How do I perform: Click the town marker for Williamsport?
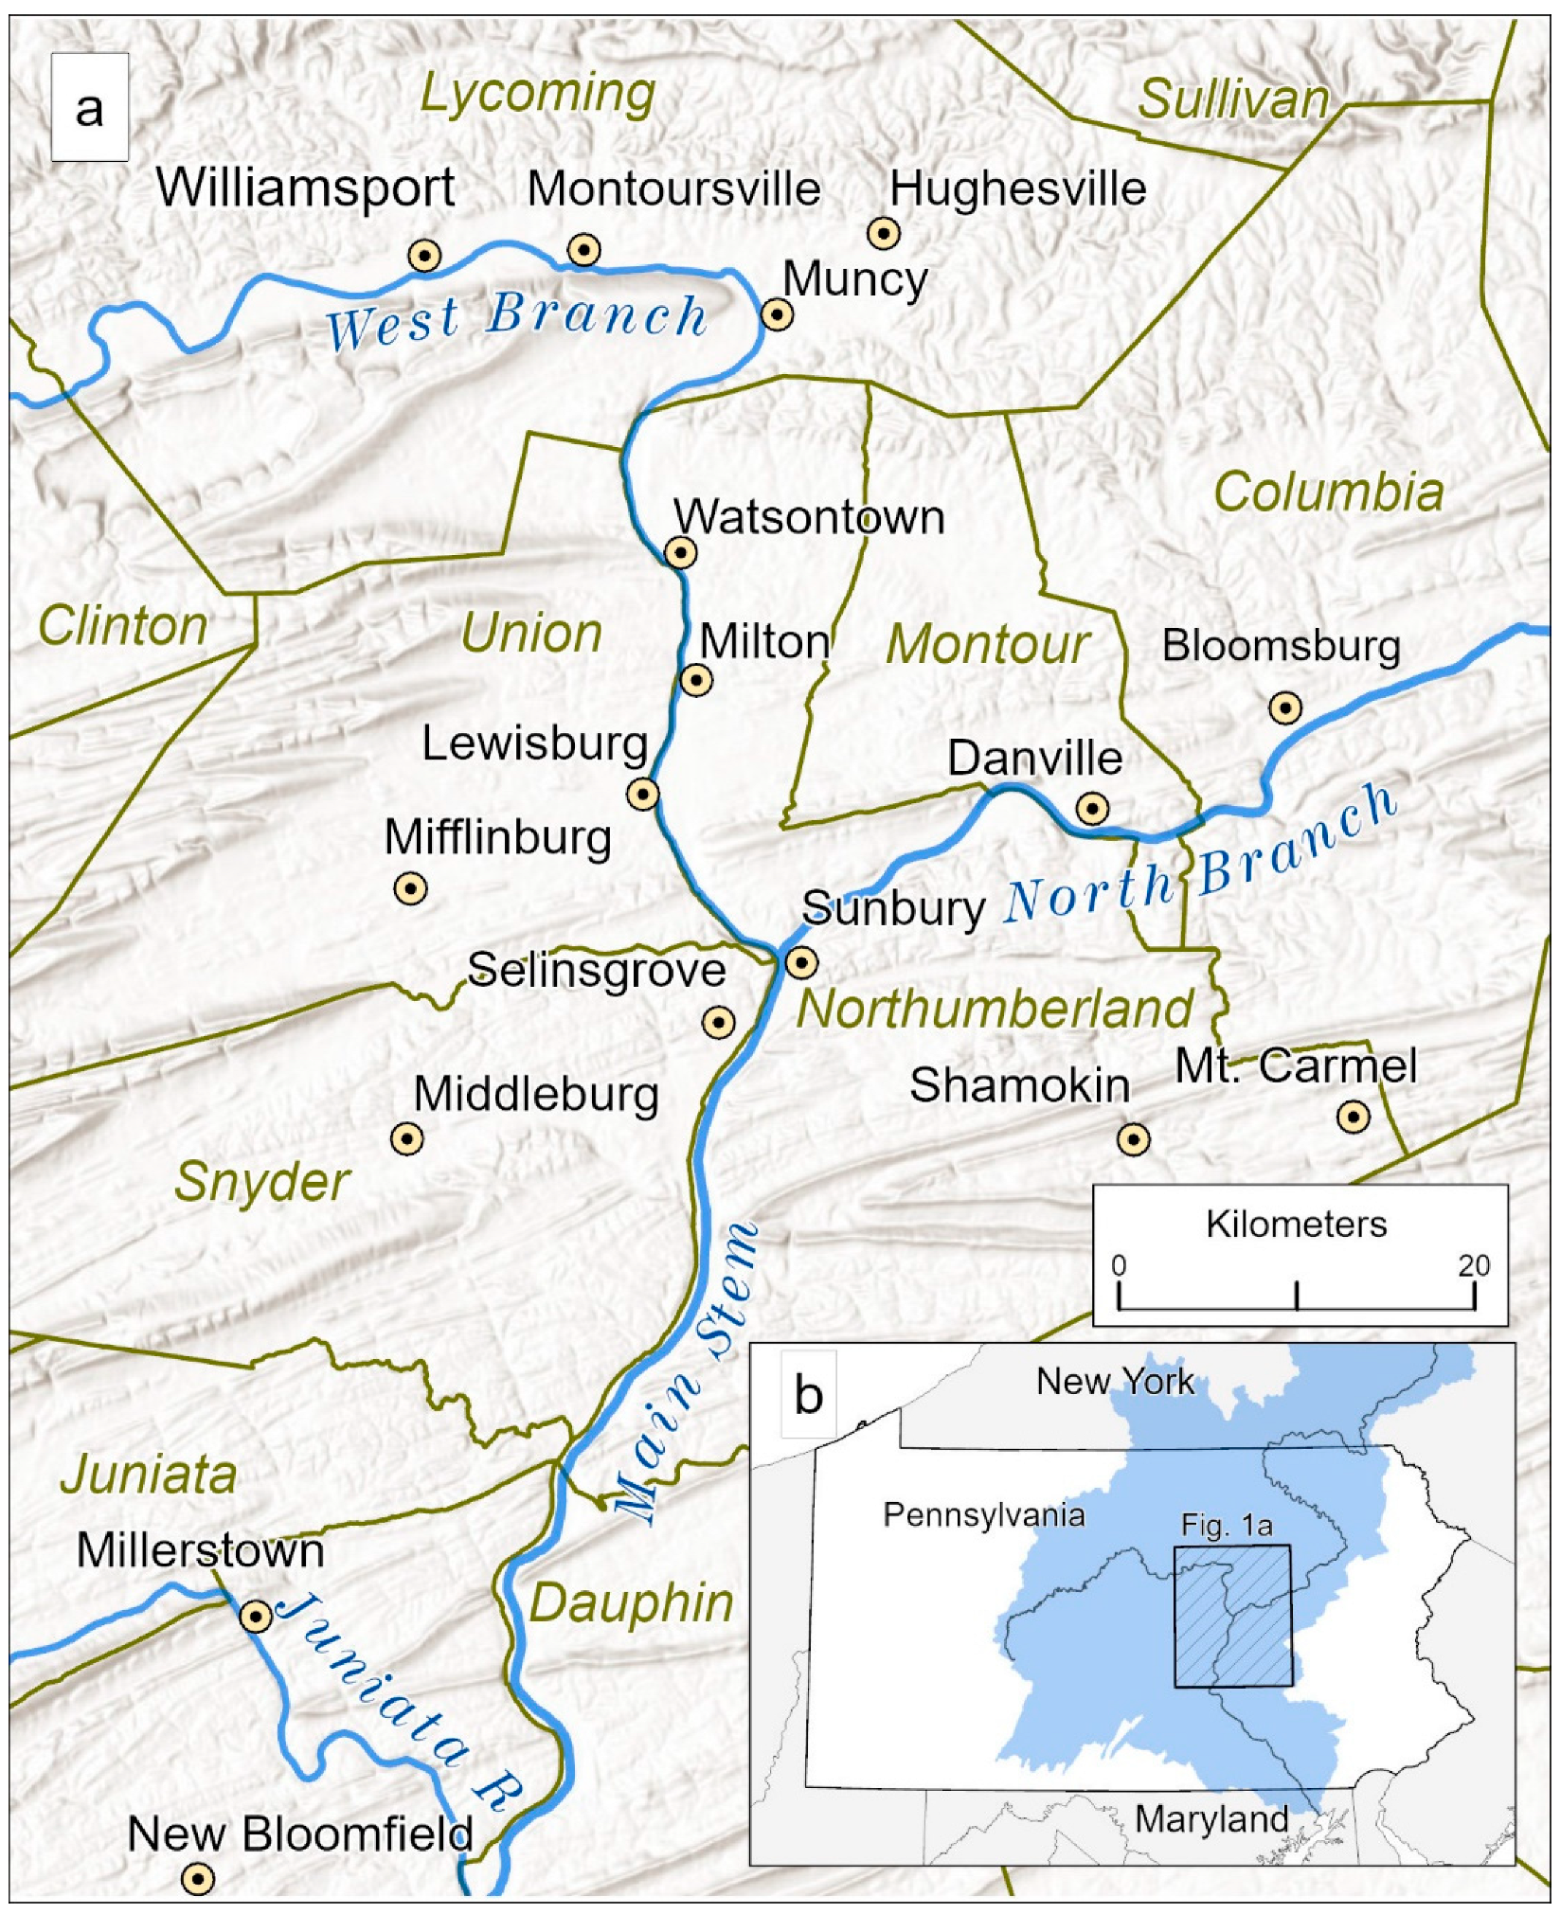point(424,256)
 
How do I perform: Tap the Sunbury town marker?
point(802,963)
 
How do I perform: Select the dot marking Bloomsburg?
point(1284,707)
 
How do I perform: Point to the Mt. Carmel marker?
point(1353,1117)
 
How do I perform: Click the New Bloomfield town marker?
point(197,1877)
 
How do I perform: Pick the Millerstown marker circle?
point(256,1616)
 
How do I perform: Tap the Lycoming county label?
point(537,94)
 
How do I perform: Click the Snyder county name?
point(262,1182)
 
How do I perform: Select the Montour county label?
point(988,645)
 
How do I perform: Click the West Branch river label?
point(516,319)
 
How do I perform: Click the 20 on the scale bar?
point(1473,1265)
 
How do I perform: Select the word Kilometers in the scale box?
point(1296,1225)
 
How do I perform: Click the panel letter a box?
point(89,108)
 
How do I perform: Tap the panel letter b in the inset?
point(808,1395)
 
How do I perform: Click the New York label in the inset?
point(1115,1381)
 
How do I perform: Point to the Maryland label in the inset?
point(1210,1819)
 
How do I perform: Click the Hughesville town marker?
point(884,232)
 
